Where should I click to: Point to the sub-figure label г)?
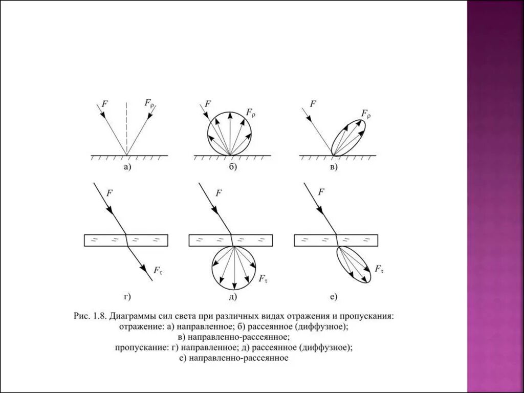pyautogui.click(x=127, y=296)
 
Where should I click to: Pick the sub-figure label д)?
pyautogui.click(x=232, y=296)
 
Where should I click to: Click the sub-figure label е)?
pyautogui.click(x=333, y=296)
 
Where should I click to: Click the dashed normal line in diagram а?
pyautogui.click(x=126, y=128)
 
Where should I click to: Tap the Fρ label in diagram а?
pyautogui.click(x=148, y=104)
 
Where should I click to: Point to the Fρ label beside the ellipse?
pyautogui.click(x=365, y=113)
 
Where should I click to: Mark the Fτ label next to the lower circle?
pyautogui.click(x=263, y=279)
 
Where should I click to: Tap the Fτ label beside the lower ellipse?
pyautogui.click(x=379, y=269)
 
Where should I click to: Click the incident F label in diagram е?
pyautogui.click(x=321, y=192)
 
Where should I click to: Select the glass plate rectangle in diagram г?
pyautogui.click(x=126, y=239)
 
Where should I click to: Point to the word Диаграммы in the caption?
pyautogui.click(x=131, y=316)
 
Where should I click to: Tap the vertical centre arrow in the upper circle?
pyautogui.click(x=230, y=133)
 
